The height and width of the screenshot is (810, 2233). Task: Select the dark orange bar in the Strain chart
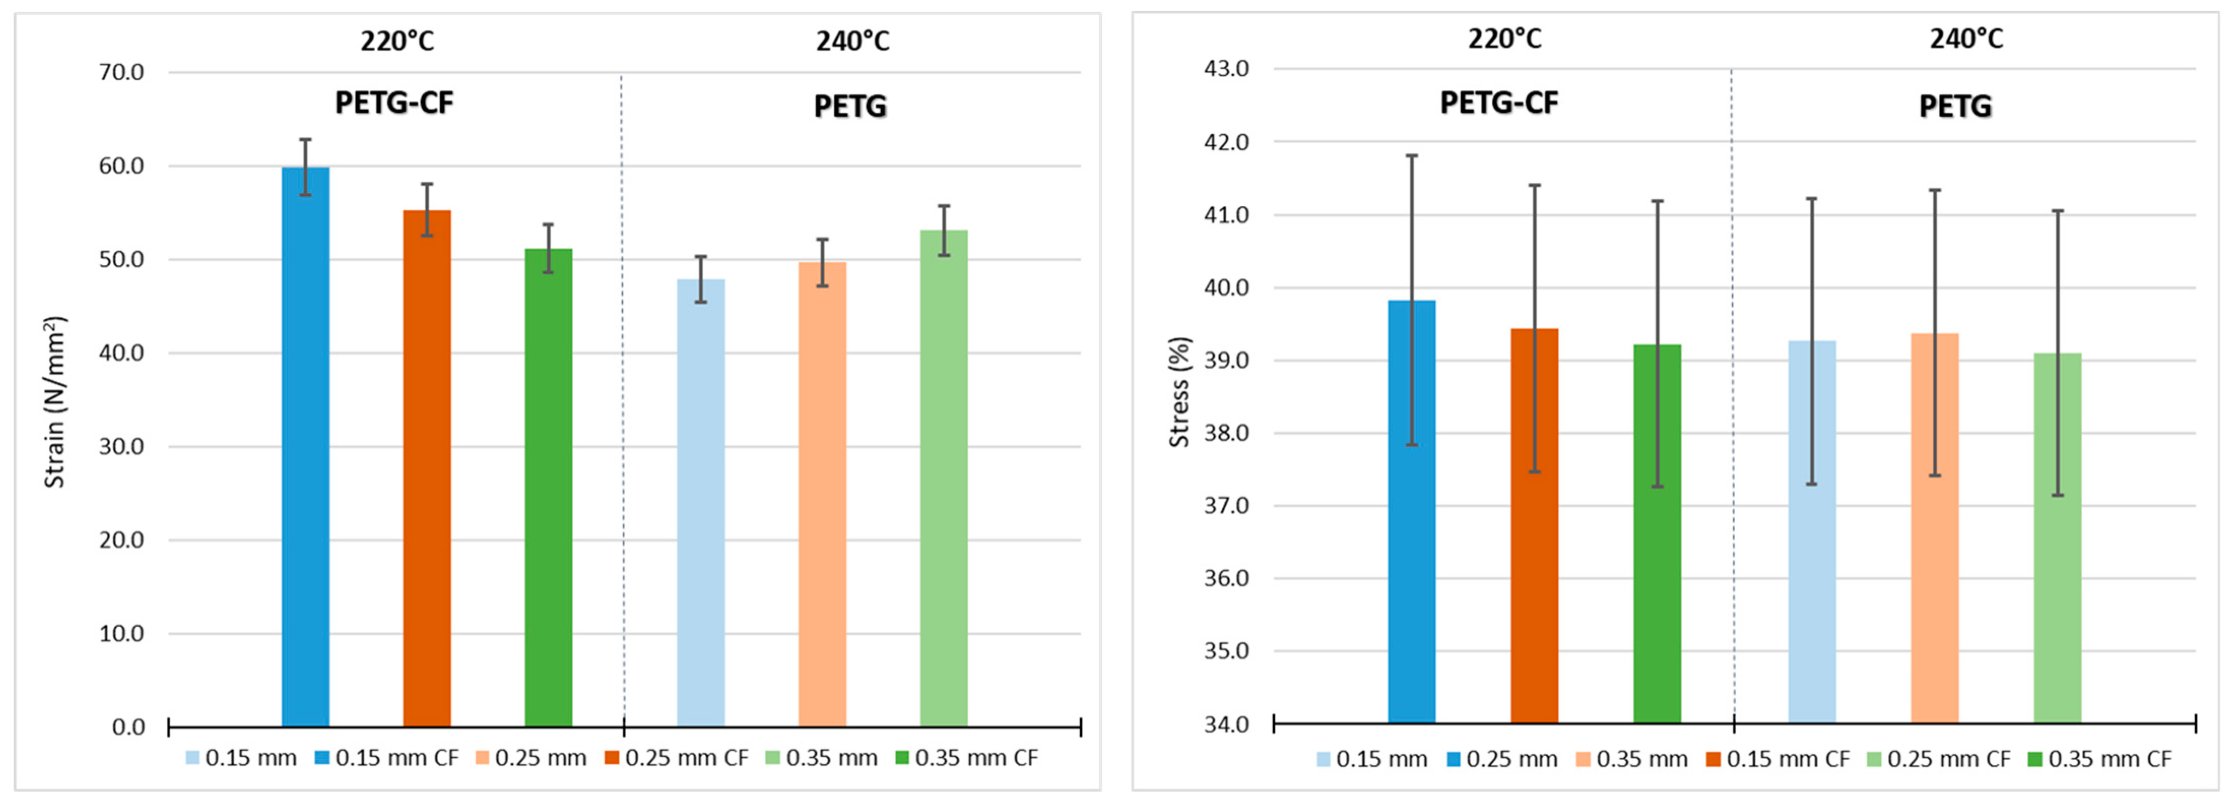pos(426,468)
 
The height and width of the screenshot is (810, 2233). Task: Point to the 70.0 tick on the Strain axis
pos(121,72)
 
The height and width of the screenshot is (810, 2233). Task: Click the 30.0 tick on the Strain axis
pos(121,446)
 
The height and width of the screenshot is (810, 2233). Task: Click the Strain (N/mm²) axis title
pos(55,402)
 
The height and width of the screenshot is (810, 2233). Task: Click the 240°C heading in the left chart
pos(852,41)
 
